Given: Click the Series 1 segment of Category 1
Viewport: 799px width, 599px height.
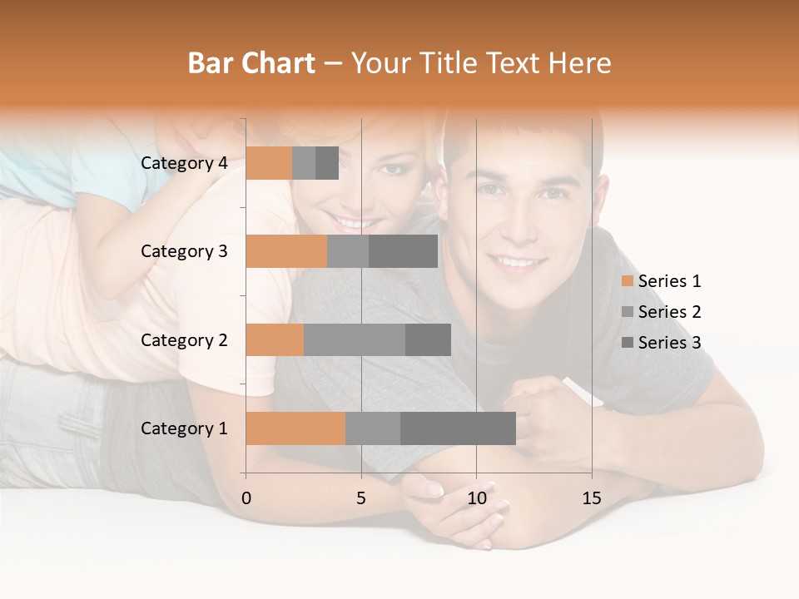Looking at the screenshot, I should [295, 428].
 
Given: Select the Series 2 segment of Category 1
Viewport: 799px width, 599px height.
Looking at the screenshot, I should [373, 428].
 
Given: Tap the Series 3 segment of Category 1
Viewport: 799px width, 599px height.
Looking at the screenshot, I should [458, 428].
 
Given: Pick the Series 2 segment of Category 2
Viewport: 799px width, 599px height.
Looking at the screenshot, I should [355, 339].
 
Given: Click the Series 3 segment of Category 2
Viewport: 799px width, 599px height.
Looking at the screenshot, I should [428, 339].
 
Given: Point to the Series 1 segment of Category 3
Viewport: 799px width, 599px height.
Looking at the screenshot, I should [286, 251].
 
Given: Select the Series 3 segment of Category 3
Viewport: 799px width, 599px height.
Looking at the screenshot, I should [403, 251].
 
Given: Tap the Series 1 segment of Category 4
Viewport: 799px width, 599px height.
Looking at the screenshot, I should [269, 163].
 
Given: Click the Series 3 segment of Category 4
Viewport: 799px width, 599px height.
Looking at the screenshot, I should [327, 163].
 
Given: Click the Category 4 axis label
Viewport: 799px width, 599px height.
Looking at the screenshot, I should [184, 163].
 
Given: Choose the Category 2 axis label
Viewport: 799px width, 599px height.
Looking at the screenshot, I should [184, 339].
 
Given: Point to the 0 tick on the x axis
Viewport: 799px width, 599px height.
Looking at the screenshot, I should [246, 498].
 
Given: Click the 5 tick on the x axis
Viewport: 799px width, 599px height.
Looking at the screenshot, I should [361, 498].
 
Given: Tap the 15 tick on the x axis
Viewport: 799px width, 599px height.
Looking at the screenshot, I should [591, 498].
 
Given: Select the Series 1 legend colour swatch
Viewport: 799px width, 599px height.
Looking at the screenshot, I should [627, 281].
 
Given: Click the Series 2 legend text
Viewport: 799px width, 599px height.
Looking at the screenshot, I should [669, 312].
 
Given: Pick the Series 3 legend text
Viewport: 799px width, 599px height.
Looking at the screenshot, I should [669, 343].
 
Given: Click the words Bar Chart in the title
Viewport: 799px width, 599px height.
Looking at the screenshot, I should [251, 62].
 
